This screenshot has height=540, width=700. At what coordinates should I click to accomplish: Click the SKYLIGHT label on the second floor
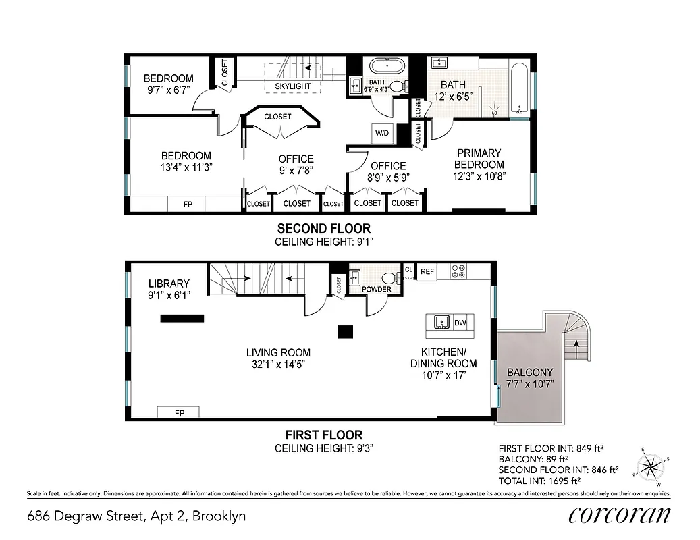(293, 86)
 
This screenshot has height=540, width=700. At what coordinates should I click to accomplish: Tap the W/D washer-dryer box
(381, 133)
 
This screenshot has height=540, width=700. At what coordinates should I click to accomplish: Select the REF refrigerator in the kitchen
(427, 271)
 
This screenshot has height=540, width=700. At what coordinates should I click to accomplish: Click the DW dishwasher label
(460, 323)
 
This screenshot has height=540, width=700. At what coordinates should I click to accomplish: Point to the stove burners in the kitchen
(458, 271)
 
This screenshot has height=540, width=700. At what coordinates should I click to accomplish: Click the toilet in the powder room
(387, 277)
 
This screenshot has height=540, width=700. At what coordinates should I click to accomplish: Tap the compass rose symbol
(651, 466)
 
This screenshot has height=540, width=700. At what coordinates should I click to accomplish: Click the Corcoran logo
(619, 516)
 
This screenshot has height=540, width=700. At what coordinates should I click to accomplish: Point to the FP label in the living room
(179, 412)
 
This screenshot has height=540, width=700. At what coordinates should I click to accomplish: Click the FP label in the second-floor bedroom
(188, 203)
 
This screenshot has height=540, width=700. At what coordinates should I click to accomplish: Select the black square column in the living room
(345, 331)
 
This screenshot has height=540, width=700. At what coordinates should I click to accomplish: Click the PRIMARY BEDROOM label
(479, 159)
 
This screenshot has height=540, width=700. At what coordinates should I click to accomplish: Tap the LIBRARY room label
(169, 283)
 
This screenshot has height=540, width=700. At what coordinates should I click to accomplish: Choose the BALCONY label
(530, 372)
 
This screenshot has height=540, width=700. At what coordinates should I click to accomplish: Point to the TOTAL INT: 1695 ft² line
(539, 481)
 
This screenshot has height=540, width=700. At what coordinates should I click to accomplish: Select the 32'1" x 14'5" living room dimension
(277, 363)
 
